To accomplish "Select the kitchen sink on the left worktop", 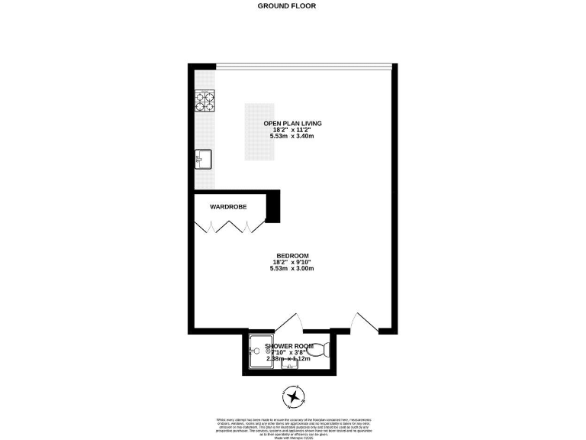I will (203, 159).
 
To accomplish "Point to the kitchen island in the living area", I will (259, 131).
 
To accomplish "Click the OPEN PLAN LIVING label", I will (292, 123).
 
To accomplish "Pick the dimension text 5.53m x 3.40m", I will (292, 136).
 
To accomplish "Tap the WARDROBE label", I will (229, 206).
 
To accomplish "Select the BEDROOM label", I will (292, 256).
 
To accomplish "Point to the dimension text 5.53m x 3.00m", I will (292, 269).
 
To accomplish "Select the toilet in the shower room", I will (324, 351).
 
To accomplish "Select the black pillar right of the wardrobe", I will (274, 206).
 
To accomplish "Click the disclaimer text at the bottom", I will (292, 427).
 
